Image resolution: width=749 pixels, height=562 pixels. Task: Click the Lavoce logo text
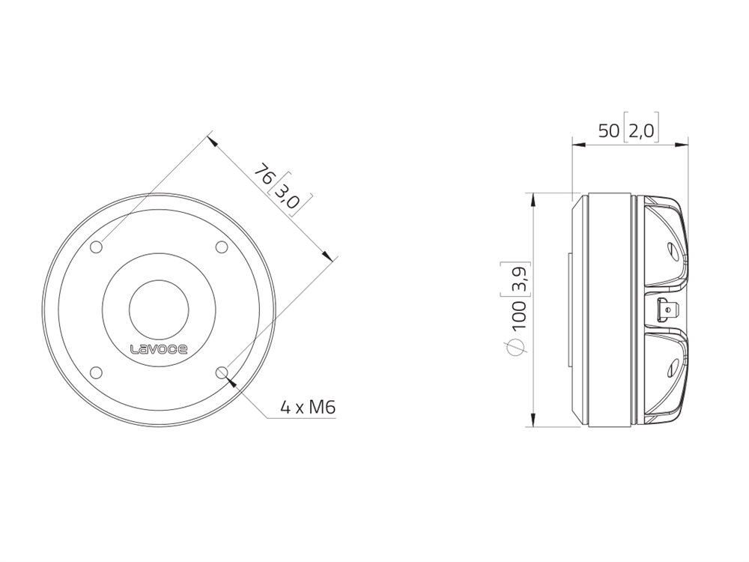click(159, 349)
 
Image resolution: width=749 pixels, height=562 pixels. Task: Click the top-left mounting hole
click(97, 247)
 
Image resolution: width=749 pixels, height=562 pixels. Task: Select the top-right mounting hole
click(222, 247)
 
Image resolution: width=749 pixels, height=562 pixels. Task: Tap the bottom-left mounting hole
click(97, 372)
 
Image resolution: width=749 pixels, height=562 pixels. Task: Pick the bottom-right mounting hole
click(222, 372)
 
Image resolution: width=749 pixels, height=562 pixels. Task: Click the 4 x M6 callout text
click(308, 408)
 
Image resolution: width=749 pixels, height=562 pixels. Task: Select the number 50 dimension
click(609, 130)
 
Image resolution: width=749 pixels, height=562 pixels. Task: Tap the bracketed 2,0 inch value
click(641, 130)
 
